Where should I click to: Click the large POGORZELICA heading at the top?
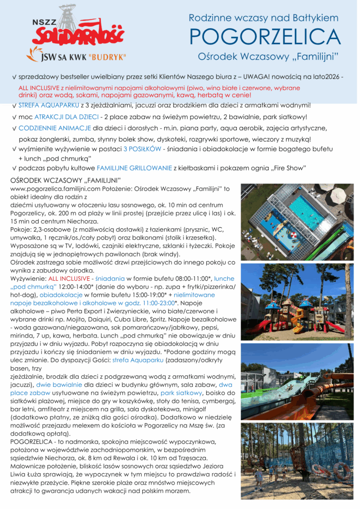click(265, 37)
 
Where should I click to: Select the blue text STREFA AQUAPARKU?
click(48, 105)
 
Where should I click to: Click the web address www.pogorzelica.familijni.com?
click(52, 189)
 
